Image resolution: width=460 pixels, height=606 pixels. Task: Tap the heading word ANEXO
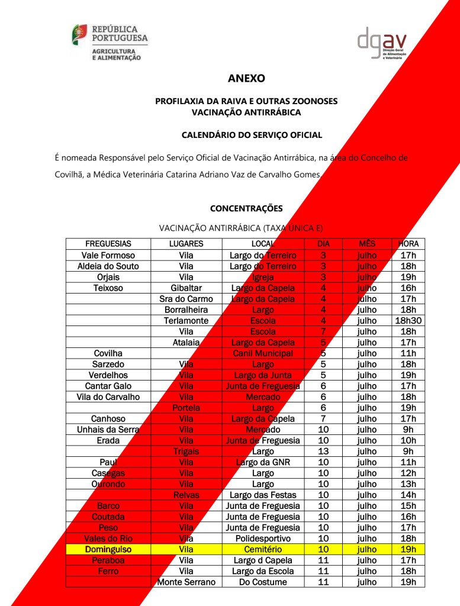(246, 78)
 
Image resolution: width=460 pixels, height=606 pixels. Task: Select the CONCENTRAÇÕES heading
(246, 208)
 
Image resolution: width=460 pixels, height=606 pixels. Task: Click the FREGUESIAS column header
(108, 244)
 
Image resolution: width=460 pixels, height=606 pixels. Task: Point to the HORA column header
(408, 244)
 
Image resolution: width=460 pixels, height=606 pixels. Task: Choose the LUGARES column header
(186, 244)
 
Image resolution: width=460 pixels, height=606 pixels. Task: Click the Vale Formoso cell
(108, 255)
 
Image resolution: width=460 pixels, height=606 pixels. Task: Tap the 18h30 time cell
(408, 320)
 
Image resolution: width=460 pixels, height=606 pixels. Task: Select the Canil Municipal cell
(263, 353)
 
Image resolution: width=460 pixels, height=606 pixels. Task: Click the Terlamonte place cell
(186, 320)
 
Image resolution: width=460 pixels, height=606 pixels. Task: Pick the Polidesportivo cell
(263, 539)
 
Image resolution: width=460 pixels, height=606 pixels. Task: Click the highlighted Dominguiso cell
(108, 549)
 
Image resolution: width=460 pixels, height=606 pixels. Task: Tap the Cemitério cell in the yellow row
(263, 549)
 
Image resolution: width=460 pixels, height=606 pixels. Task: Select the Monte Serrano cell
(186, 582)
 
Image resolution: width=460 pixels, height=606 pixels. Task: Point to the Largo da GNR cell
(263, 462)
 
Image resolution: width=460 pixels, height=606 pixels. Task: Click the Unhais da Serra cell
(108, 430)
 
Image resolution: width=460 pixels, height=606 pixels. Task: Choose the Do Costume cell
(263, 582)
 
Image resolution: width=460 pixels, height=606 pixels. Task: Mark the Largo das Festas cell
(263, 495)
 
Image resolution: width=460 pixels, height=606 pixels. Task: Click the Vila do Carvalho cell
(108, 397)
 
